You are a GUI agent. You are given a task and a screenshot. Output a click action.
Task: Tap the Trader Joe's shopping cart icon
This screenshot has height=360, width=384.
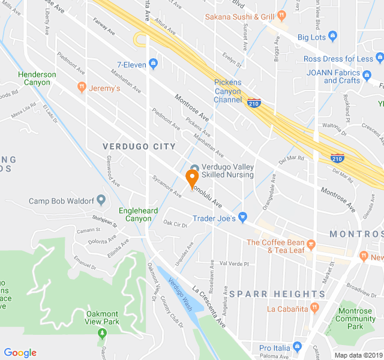pyautogui.click(x=242, y=217)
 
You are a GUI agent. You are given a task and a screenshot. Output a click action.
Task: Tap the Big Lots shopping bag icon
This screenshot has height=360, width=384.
pyautogui.click(x=334, y=37)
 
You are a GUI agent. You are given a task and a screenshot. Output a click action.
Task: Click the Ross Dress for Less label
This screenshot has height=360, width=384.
pyautogui.click(x=338, y=59)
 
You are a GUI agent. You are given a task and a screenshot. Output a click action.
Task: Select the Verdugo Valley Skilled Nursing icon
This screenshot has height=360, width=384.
pyautogui.click(x=194, y=169)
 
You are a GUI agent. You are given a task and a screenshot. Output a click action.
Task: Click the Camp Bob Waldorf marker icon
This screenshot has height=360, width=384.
pyautogui.click(x=101, y=199)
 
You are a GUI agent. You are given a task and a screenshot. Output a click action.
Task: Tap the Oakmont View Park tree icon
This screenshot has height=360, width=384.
pyautogui.click(x=102, y=332)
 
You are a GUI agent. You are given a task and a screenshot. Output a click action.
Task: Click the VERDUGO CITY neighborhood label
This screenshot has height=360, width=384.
pyautogui.click(x=139, y=146)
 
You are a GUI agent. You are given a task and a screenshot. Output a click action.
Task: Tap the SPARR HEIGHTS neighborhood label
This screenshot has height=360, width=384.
pyautogui.click(x=277, y=294)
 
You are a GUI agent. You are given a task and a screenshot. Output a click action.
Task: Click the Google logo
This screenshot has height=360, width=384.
pyautogui.click(x=20, y=353)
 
